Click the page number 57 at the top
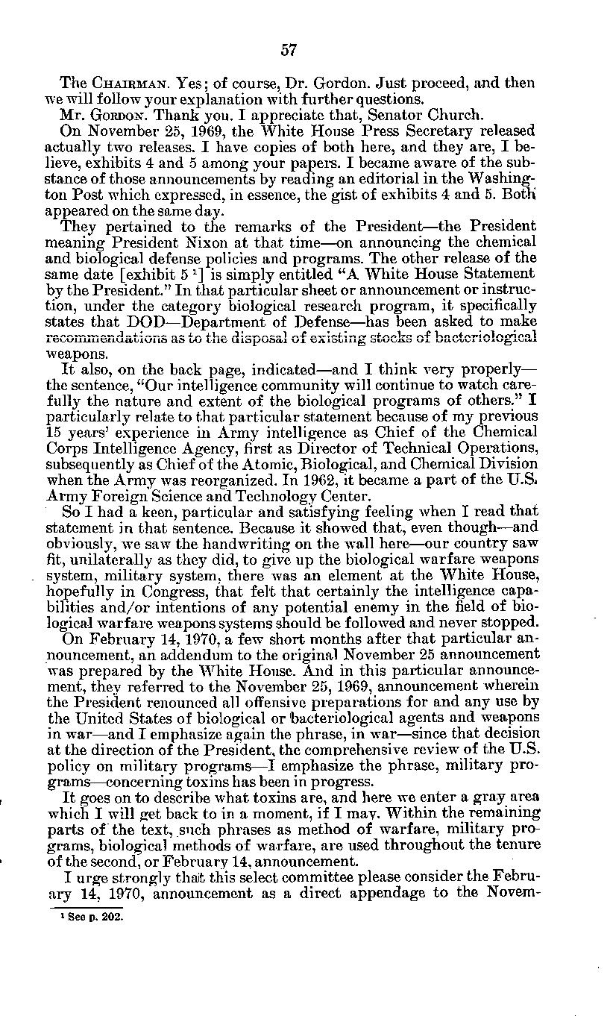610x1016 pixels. [x=289, y=50]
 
